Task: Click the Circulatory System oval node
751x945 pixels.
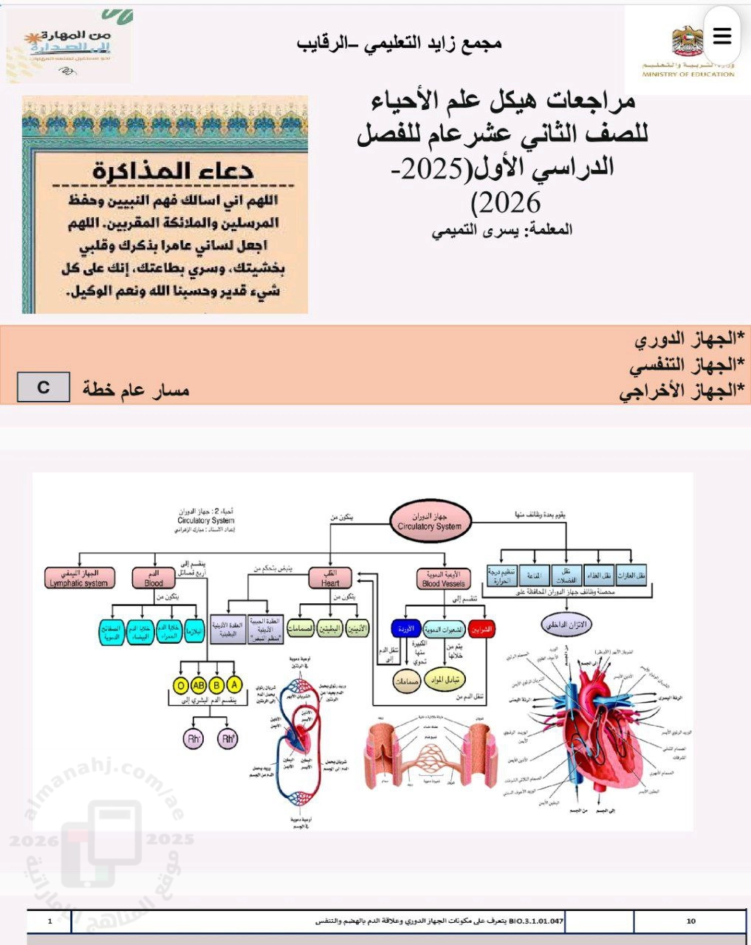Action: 430,521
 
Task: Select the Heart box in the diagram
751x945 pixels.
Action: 330,577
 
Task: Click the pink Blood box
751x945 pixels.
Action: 154,577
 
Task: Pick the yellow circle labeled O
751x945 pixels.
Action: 180,685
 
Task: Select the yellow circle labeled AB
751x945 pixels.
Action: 199,685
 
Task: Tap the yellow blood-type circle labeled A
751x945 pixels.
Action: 235,685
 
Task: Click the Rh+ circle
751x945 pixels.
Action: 227,738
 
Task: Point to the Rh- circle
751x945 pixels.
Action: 193,738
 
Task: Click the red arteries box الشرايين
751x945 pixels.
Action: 481,629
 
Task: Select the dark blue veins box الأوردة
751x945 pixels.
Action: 405,629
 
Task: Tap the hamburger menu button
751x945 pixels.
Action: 721,35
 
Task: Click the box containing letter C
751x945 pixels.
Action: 44,387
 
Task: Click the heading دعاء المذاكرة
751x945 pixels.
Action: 174,171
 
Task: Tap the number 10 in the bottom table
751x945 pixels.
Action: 691,921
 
